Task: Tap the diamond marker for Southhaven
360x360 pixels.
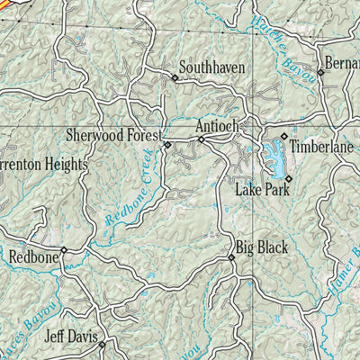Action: tap(175, 78)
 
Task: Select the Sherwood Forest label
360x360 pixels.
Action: tap(113, 135)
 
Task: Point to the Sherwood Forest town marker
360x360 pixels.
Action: tap(166, 144)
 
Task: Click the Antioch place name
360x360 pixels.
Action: tap(217, 127)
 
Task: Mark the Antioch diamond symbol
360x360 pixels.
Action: tap(201, 139)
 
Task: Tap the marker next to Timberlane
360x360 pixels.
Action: tap(283, 137)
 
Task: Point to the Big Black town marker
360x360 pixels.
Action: tap(230, 257)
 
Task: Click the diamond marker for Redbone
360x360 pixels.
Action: tap(63, 250)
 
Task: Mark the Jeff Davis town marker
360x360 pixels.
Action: tap(102, 344)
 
